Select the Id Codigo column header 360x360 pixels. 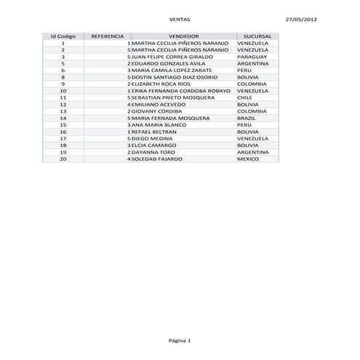click(63, 36)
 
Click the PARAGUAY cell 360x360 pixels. click(252, 56)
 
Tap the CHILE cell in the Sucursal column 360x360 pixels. click(245, 97)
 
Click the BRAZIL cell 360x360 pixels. click(247, 117)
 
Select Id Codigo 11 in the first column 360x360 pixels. click(63, 97)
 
